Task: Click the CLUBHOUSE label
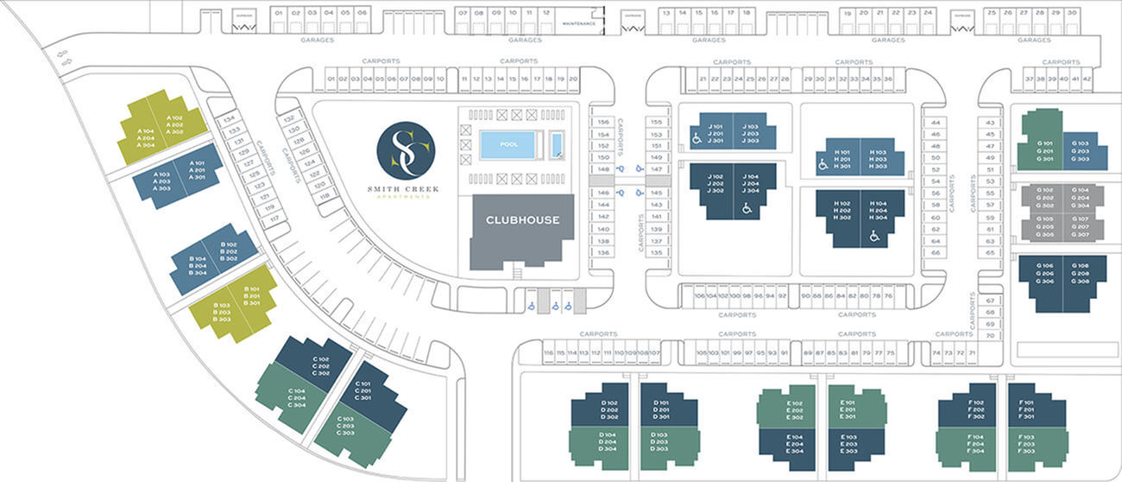[x=522, y=220]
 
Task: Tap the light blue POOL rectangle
[x=509, y=144]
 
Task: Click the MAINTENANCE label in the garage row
[x=579, y=23]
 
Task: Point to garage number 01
[x=278, y=14]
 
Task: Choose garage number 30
[x=1071, y=13]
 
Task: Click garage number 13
[x=666, y=14]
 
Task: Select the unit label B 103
[x=222, y=306]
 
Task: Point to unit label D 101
[x=661, y=403]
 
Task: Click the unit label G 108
[x=1080, y=266]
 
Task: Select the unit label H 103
[x=879, y=152]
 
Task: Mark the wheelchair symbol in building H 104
[x=875, y=234]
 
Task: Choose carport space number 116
[x=547, y=353]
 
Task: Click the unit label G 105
[x=1044, y=219]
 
